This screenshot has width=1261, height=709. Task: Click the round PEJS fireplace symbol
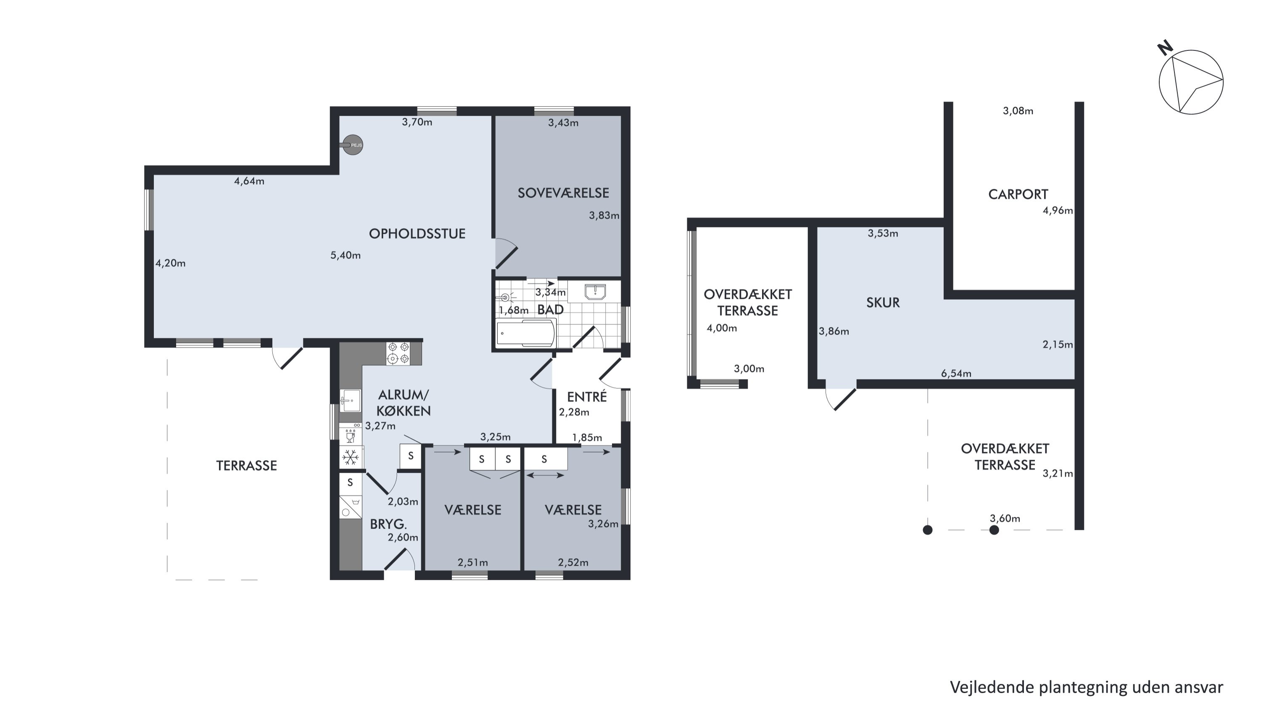[x=353, y=145]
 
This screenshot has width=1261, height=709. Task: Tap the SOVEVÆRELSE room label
[x=563, y=193]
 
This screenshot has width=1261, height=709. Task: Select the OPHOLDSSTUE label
[x=417, y=234]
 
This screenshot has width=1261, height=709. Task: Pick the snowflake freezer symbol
[x=351, y=458]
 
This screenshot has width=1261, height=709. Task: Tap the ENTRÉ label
[x=587, y=396]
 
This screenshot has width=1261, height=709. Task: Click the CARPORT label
[x=1018, y=195]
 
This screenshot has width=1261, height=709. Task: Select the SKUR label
[x=883, y=303]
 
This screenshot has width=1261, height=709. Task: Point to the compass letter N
[x=1165, y=48]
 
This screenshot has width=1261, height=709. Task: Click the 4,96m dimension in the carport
[x=1058, y=211]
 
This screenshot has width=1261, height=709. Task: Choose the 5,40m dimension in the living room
[x=346, y=256]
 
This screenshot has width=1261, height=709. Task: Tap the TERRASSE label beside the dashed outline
[x=247, y=466]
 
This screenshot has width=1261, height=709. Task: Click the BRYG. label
[x=389, y=525]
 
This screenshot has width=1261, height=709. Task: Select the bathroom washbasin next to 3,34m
[x=595, y=292]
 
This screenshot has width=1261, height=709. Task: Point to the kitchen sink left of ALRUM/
[x=351, y=401]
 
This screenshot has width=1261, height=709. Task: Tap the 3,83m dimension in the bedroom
[x=604, y=216]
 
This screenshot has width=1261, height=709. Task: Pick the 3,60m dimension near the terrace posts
[x=1005, y=519]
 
